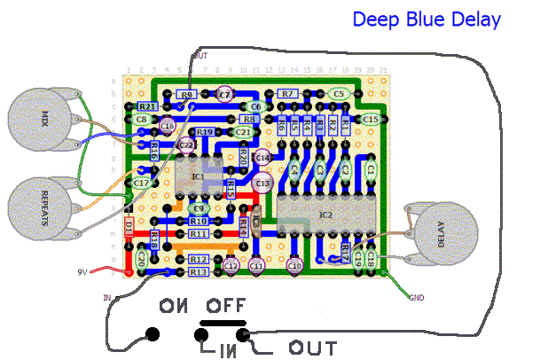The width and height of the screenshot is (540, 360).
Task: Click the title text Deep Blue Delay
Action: (427, 19)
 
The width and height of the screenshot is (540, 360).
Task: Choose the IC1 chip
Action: (197, 176)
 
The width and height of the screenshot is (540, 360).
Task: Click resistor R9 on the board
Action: (186, 94)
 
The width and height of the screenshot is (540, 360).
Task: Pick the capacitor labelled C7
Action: (224, 93)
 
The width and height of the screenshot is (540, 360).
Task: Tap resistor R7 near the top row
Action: (286, 93)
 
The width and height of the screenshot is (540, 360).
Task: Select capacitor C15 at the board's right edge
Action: (370, 118)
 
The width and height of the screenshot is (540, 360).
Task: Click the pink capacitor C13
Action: (262, 182)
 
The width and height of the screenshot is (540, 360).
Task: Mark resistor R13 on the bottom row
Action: (199, 272)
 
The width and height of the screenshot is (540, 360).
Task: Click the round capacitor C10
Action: (295, 264)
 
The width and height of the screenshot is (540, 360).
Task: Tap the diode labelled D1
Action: (129, 228)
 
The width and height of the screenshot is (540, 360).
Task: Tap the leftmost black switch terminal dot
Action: (153, 334)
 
